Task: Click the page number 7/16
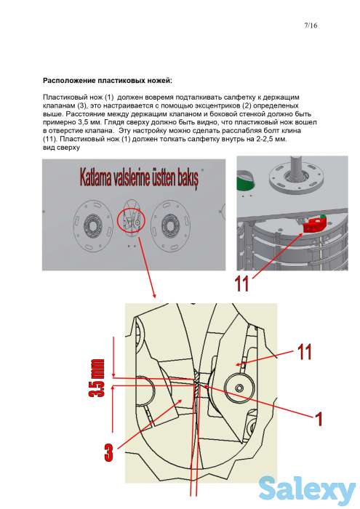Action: pos(311,25)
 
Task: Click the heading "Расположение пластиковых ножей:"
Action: pos(108,81)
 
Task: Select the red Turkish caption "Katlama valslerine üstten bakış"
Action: pos(139,177)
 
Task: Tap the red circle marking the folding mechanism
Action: pos(131,220)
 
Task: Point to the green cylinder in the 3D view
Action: pos(245,183)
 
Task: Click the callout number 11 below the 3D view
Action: pos(242,284)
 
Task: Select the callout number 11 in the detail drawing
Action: pos(304,351)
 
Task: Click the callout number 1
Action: pos(319,419)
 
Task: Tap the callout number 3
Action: pos(109,453)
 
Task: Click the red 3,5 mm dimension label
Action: pos(97,378)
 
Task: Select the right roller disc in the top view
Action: pos(170,224)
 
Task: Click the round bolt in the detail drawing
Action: pos(239,388)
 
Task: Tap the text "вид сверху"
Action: pos(61,148)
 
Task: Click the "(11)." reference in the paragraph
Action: pos(49,140)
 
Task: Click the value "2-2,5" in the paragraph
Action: pos(265,140)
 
